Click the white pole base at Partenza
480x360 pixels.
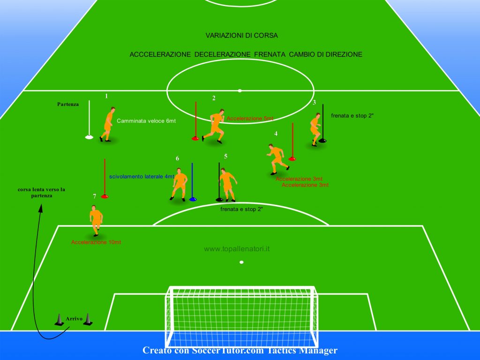tap(89, 137)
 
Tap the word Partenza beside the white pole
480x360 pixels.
tap(68, 104)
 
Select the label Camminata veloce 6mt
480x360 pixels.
tap(146, 121)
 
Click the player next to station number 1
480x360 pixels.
tap(107, 124)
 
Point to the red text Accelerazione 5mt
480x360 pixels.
tap(250, 119)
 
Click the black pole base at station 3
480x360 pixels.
tap(322, 141)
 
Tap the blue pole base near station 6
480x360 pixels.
tap(193, 199)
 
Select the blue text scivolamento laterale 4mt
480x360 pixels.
tap(142, 177)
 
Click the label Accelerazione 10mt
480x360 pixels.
tap(96, 242)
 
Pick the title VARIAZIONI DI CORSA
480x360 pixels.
tap(241, 36)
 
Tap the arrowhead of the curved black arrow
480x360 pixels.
tap(40, 208)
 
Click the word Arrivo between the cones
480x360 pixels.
tap(74, 319)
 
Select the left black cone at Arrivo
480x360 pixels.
tap(59, 320)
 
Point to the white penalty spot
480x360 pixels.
tap(241, 262)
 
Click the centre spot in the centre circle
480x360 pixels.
tap(240, 90)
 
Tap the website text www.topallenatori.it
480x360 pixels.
tap(237, 249)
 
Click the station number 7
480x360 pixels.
tap(95, 196)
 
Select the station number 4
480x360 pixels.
tap(276, 134)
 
